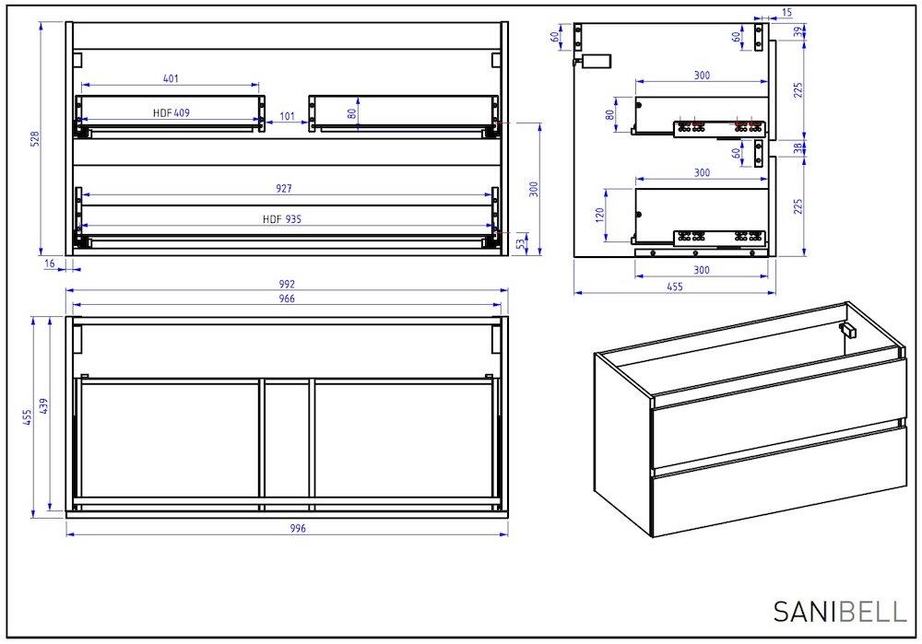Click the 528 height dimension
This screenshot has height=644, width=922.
35,139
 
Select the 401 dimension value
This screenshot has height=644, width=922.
171,78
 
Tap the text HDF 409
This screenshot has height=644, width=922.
171,112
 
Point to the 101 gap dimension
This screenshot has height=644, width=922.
287,116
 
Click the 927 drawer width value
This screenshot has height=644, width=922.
283,189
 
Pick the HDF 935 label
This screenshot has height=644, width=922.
282,219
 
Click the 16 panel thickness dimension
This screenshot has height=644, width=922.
50,263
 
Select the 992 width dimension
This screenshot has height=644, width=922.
287,284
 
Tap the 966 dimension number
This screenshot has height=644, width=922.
287,299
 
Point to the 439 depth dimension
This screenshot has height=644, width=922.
43,406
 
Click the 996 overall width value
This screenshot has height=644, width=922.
298,528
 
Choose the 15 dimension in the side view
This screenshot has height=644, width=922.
787,12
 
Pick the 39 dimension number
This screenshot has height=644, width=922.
798,31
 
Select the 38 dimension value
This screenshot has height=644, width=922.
798,148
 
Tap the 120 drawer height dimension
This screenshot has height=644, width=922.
600,215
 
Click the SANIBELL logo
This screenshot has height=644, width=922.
840,611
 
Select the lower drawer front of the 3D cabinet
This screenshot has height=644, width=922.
780,482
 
